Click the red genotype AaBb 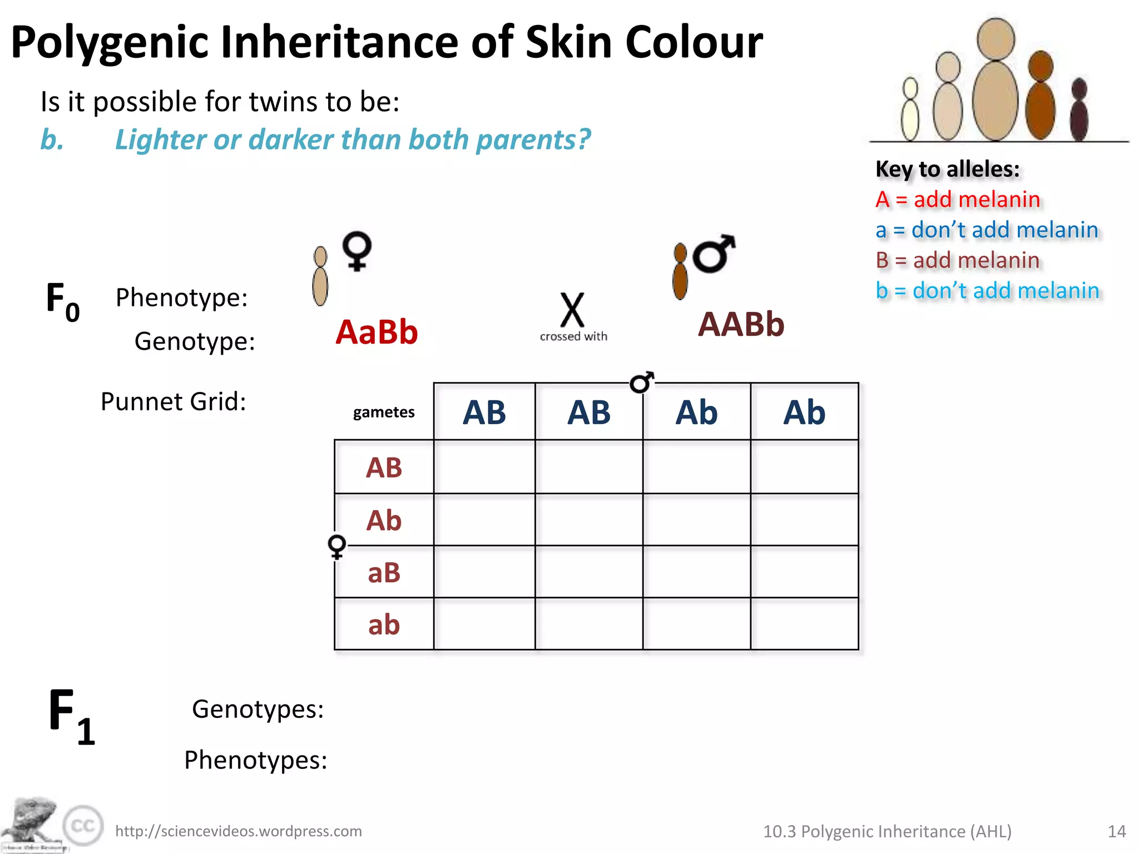[377, 332]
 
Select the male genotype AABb [741, 324]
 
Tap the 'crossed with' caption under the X [573, 336]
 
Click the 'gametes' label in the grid [384, 412]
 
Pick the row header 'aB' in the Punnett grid [384, 573]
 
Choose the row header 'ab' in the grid [384, 625]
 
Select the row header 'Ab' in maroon [384, 520]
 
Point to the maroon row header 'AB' [384, 468]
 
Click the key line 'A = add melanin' [957, 200]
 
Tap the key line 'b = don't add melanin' [987, 291]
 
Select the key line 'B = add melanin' [957, 260]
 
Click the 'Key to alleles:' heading [947, 169]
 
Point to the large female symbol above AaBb [356, 251]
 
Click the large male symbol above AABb [714, 254]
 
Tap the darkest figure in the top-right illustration [1079, 111]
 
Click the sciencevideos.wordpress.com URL [239, 831]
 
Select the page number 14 [1117, 831]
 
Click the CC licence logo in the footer [83, 826]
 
